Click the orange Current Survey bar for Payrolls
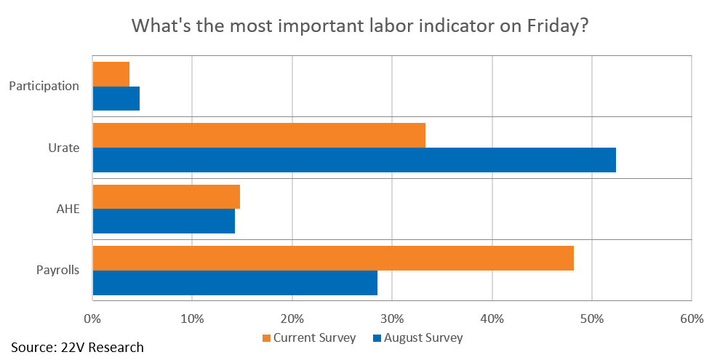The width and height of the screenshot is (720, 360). click(333, 258)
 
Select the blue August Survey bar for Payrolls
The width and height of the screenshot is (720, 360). click(235, 283)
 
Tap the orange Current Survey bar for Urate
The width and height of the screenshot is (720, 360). click(259, 135)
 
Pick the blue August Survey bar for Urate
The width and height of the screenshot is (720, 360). click(354, 160)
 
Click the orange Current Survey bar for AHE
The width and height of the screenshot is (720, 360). click(167, 196)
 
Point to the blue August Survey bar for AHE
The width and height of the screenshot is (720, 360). click(164, 221)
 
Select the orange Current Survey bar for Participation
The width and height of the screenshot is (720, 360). click(111, 74)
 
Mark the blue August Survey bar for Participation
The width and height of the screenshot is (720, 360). click(116, 98)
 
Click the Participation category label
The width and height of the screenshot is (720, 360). click(44, 87)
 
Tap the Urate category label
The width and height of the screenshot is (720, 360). click(64, 148)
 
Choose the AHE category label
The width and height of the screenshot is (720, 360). click(67, 209)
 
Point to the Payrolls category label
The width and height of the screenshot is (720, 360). click(58, 271)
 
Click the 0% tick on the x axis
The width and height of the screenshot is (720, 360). click(92, 319)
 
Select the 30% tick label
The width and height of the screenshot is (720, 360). click(392, 319)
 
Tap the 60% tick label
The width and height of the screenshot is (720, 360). click(692, 319)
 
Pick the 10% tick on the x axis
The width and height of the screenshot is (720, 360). click(192, 319)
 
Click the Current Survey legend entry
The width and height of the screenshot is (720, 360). click(309, 338)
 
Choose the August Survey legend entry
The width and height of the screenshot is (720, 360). click(416, 338)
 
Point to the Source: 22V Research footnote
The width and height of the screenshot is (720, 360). click(77, 347)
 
